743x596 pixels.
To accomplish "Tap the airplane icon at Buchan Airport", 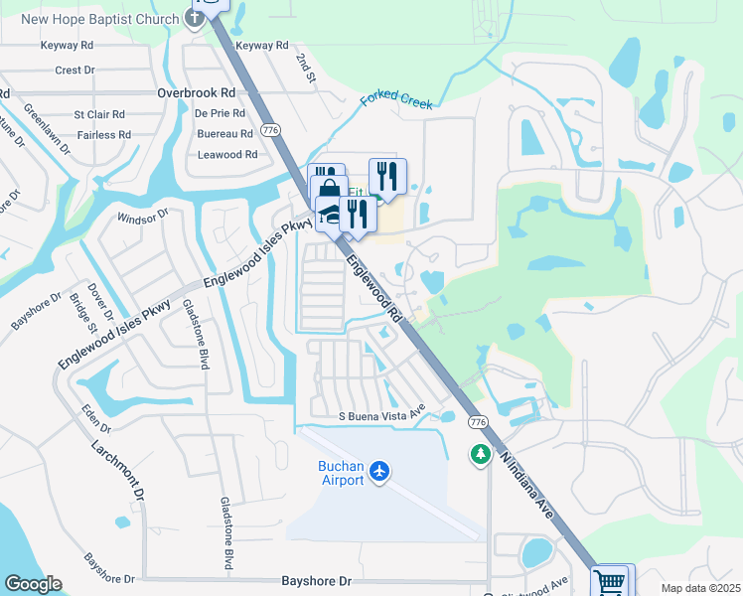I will tap(378, 470).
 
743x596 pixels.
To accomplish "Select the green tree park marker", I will tap(480, 454).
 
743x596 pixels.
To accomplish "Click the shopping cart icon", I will tap(612, 580).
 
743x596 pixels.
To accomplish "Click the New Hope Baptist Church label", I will tap(100, 20).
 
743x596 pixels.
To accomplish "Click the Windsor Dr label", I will tap(143, 216).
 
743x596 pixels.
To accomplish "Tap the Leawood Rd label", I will tap(227, 155).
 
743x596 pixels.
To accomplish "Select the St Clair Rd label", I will tap(99, 115).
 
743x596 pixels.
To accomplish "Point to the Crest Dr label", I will tap(74, 71).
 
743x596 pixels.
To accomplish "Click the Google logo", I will tap(33, 584).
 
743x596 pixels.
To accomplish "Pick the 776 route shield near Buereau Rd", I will tap(269, 131).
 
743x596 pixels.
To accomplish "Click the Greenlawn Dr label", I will tap(47, 126).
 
